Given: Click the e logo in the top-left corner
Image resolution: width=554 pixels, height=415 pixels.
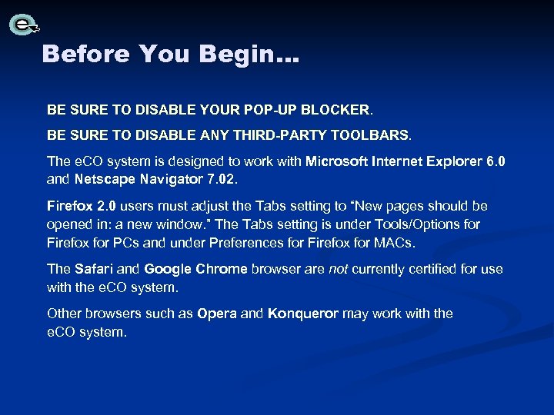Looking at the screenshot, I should pos(24,25).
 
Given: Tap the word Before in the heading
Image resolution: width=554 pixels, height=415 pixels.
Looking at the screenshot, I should pos(86,54).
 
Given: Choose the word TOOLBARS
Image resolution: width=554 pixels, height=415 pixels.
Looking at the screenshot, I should pos(371,135).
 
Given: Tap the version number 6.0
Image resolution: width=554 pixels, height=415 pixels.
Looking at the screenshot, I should pos(496,161).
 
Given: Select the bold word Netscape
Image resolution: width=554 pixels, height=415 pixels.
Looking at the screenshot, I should pos(105,180).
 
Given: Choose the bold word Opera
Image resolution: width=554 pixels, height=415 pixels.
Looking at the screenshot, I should pos(216,314).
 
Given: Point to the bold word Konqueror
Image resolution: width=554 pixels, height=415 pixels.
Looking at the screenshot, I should pos(302,314).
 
